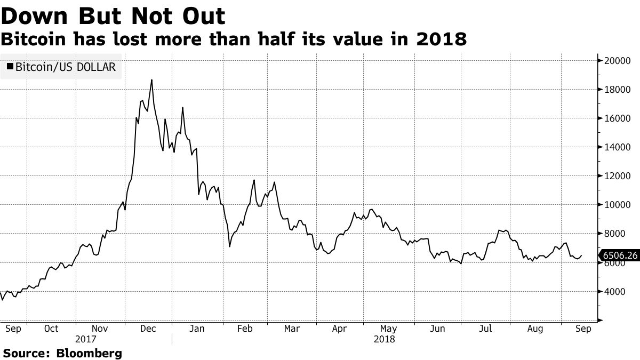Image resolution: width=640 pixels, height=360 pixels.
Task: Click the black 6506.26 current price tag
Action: point(620,256)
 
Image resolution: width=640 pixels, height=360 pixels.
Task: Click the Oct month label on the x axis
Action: point(51,329)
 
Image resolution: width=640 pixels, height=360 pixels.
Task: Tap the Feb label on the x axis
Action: point(244,329)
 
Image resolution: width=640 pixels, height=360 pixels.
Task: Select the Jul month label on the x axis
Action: point(485,329)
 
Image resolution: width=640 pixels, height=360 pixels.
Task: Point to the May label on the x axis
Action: point(389,329)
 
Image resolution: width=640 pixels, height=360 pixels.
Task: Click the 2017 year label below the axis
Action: point(85,339)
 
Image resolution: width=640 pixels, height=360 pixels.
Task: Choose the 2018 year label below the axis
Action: point(384,339)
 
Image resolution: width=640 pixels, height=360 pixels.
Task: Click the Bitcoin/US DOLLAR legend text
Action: point(66,67)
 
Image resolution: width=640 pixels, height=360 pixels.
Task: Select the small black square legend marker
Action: point(10,67)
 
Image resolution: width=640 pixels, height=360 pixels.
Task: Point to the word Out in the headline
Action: point(202,17)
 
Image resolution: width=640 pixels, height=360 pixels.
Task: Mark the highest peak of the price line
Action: point(152,80)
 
